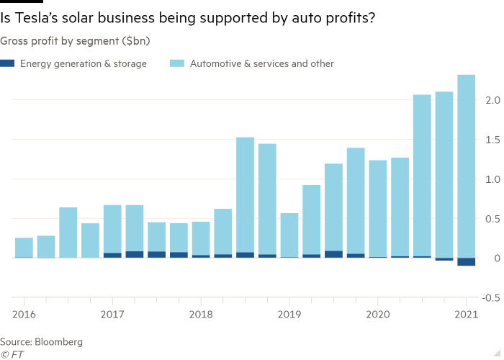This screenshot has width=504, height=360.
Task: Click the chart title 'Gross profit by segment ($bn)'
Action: tap(75, 41)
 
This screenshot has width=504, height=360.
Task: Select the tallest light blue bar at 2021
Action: tap(467, 166)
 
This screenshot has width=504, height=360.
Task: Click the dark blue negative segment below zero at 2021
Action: tap(467, 262)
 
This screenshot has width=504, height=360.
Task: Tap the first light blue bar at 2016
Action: tap(24, 248)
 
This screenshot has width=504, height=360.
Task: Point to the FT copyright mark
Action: tap(10, 354)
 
